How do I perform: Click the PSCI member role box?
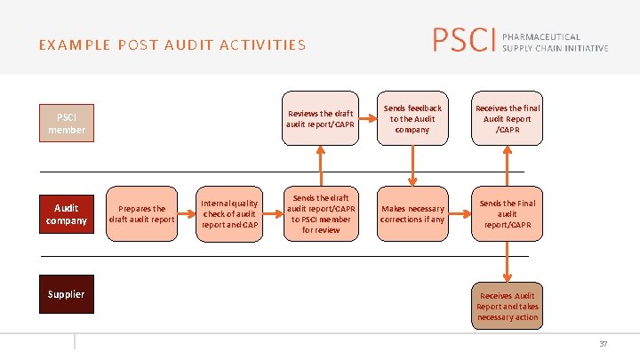click(x=67, y=123)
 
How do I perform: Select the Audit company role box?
click(x=67, y=214)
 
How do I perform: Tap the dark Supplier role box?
click(x=67, y=294)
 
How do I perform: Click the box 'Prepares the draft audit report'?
click(x=141, y=214)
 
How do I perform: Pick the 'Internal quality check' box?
click(x=229, y=213)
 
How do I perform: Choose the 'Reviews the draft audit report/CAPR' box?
click(x=320, y=119)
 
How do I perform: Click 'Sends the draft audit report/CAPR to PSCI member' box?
click(x=320, y=213)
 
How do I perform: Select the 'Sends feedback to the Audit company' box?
click(x=412, y=119)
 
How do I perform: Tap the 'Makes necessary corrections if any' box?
click(x=412, y=214)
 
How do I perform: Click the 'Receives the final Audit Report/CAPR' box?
click(x=508, y=119)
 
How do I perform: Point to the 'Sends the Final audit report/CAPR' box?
click(x=508, y=213)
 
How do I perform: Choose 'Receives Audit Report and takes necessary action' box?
click(x=508, y=306)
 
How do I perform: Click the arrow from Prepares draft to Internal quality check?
click(x=187, y=214)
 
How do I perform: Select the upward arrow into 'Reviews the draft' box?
click(x=320, y=165)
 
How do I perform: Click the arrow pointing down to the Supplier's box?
click(x=508, y=261)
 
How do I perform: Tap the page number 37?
click(x=604, y=344)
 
